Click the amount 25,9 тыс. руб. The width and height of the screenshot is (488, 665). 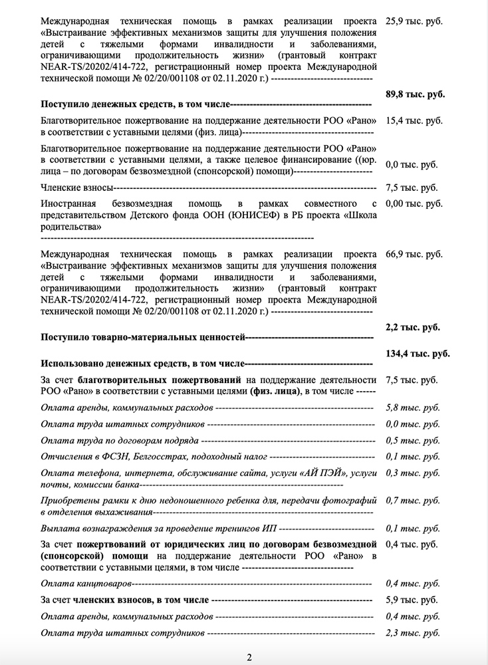coord(414,21)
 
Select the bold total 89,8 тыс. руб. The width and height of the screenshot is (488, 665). coord(415,94)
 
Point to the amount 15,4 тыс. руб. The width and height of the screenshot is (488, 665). coord(414,121)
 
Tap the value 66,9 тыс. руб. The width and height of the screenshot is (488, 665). coord(414,255)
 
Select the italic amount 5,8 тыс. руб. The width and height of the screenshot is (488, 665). coord(412,406)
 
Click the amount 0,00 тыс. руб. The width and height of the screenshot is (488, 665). coord(414,203)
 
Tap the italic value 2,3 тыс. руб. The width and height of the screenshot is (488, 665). coord(412,634)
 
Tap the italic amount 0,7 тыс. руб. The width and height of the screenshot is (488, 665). coord(412,499)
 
